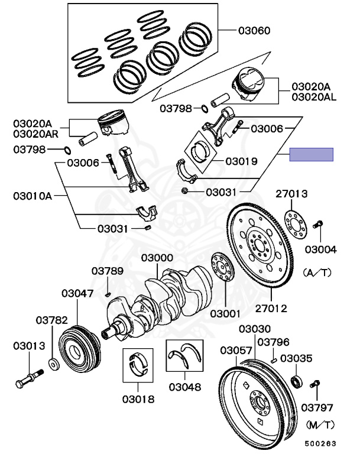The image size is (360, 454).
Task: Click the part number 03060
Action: (x=254, y=30)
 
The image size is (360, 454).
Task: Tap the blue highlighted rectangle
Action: (x=311, y=155)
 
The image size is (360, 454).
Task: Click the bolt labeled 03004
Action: (x=319, y=225)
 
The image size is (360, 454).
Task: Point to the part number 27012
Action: (x=271, y=308)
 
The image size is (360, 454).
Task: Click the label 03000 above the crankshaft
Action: (x=157, y=258)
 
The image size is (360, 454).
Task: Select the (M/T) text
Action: (x=320, y=424)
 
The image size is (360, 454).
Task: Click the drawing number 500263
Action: (x=319, y=442)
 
